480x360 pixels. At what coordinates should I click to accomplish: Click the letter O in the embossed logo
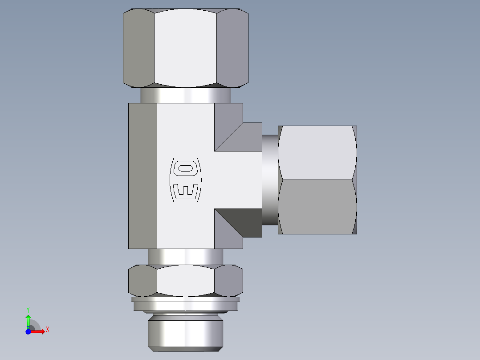(186, 168)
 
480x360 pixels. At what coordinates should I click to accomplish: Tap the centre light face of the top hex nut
(185, 48)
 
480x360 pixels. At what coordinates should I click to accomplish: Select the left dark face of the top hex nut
(138, 48)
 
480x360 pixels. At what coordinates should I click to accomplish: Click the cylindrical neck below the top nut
(185, 95)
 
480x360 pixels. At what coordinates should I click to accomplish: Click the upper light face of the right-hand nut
(317, 152)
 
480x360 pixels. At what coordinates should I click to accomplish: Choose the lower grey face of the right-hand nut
(317, 207)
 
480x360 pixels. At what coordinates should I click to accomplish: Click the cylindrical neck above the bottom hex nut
(185, 256)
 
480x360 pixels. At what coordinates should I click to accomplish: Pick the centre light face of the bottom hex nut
(185, 281)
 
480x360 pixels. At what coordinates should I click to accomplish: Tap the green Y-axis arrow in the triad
(28, 319)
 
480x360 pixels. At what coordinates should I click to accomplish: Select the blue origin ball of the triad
(28, 331)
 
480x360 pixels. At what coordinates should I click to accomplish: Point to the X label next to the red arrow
(47, 330)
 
